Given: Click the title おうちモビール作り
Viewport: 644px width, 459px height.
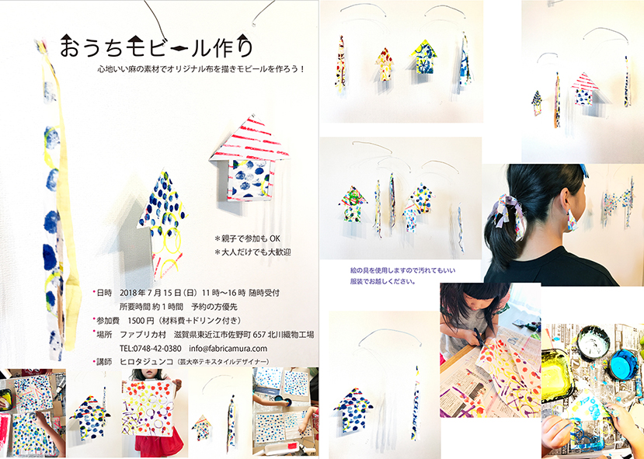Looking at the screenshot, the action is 156,45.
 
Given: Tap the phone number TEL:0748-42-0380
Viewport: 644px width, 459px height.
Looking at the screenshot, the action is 151,349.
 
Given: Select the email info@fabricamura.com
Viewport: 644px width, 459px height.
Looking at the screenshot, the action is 228,349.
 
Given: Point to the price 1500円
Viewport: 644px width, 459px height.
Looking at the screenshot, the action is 141,321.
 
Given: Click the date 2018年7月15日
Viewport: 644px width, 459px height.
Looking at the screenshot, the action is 151,293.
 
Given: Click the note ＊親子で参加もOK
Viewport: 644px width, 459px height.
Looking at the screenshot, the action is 247,238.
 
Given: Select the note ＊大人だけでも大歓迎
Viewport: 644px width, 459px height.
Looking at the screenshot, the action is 252,252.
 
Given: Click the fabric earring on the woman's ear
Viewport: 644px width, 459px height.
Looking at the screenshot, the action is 571,220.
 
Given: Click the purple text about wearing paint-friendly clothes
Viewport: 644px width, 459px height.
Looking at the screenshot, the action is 402,276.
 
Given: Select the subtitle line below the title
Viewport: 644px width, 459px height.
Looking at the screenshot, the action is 201,69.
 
